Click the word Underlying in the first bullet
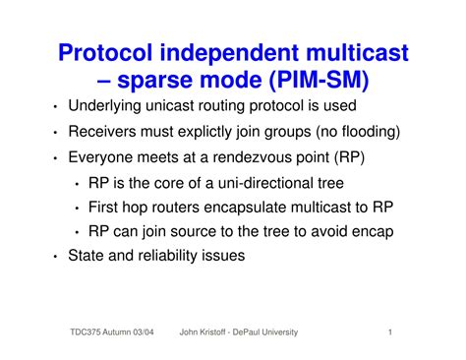[106, 106]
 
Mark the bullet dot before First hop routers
[78, 208]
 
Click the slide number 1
[391, 332]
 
